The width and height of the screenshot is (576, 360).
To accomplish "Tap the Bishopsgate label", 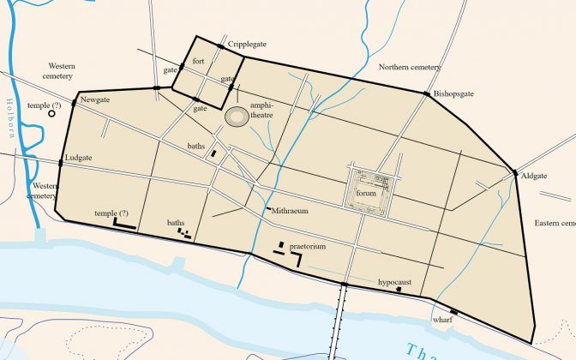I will tap(453, 93).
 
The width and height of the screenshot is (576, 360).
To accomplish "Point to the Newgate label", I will tap(95, 100).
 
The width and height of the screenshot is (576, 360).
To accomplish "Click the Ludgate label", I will tap(78, 159).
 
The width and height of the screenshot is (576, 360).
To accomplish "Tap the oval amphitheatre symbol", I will tap(237, 114).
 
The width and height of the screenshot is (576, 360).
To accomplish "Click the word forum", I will tap(366, 194).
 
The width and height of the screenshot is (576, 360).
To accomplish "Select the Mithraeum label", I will tap(290, 210).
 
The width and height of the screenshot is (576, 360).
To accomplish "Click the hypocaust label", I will tap(395, 281).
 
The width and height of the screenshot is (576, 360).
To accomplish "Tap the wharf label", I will tap(442, 321).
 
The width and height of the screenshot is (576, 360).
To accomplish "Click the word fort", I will tap(199, 62).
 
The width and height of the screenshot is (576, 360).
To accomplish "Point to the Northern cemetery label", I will tap(410, 67).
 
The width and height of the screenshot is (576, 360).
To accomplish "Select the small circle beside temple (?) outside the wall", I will tap(52, 114).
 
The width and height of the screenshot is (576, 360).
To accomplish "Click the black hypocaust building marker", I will tap(399, 290).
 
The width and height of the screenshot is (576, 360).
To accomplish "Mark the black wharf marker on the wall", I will tap(454, 311).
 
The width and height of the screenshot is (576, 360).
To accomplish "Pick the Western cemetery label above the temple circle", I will tap(62, 70).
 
